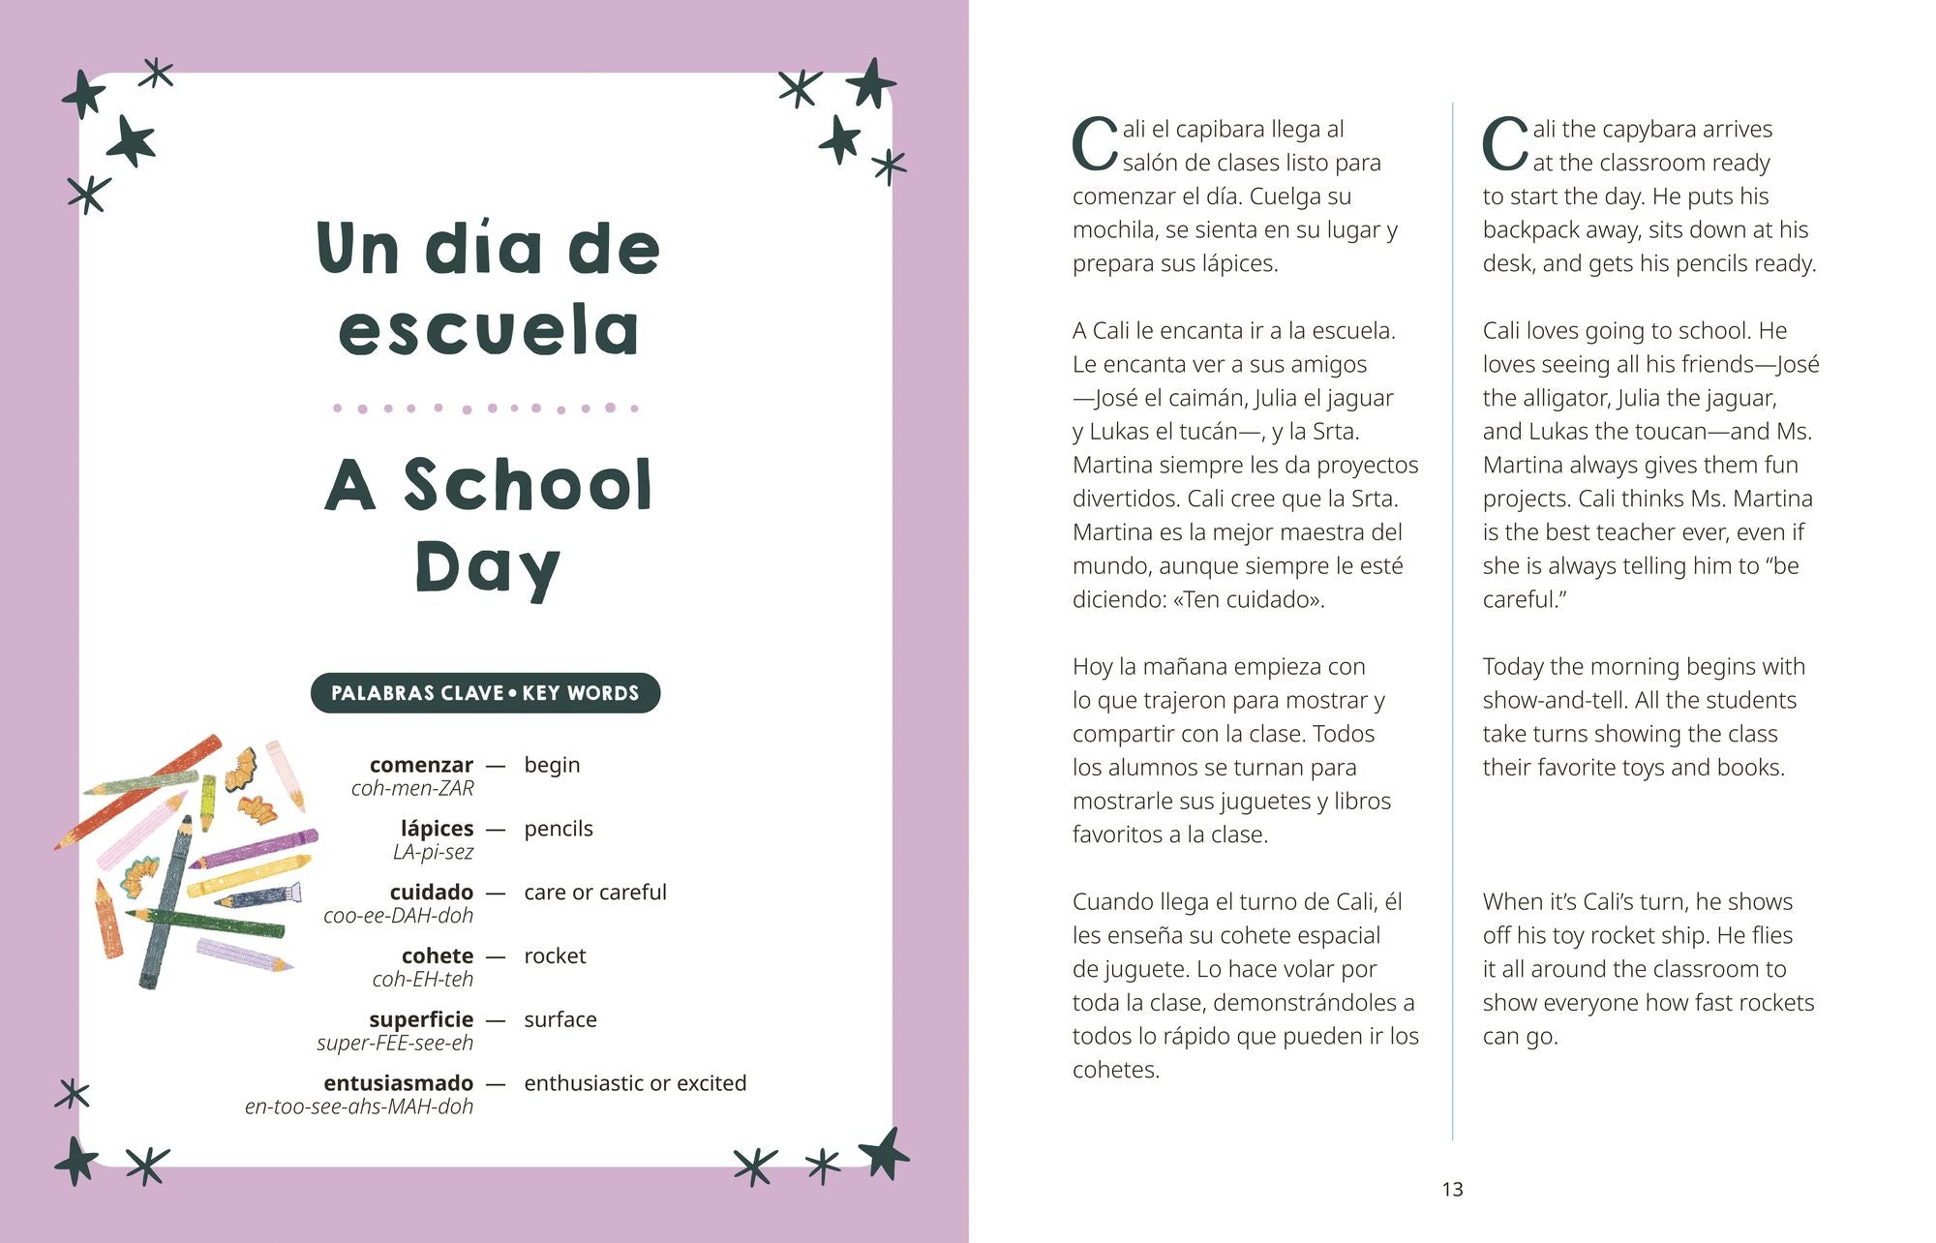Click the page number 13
[x=1452, y=1189]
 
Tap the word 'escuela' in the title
[x=489, y=330]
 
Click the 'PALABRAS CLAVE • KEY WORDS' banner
[x=485, y=693]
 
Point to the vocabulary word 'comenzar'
[x=421, y=765]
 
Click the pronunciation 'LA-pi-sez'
[x=433, y=852]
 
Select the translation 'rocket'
[x=555, y=955]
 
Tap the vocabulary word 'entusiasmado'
[x=398, y=1082]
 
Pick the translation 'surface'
[x=560, y=1019]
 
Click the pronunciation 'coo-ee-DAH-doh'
[x=398, y=916]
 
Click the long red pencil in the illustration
[x=136, y=794]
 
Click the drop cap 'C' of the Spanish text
[x=1094, y=145]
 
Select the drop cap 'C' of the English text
[x=1504, y=145]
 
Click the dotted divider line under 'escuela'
[x=485, y=409]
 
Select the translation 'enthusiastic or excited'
[x=635, y=1082]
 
